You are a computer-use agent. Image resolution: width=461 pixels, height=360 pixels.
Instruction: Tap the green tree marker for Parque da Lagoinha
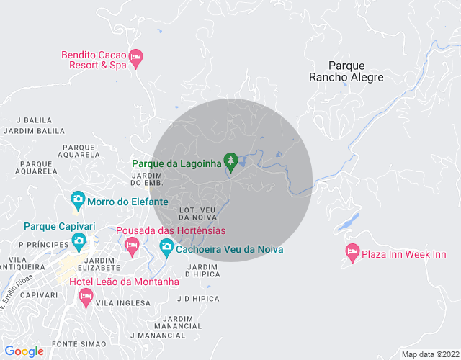click(x=230, y=161)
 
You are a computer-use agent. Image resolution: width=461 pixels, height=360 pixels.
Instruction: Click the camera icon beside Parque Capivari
click(x=78, y=240)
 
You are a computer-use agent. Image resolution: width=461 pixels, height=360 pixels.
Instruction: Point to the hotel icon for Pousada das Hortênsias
click(x=132, y=246)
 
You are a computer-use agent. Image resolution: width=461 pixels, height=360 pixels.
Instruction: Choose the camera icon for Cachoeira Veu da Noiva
click(x=166, y=248)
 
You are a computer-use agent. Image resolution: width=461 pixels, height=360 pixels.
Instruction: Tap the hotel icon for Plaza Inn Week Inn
click(x=352, y=253)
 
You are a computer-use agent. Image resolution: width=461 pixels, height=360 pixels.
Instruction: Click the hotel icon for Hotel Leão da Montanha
click(x=85, y=296)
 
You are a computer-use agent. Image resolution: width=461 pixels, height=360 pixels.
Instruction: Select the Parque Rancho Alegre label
click(x=346, y=71)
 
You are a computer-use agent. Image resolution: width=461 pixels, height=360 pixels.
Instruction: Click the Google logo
click(x=24, y=351)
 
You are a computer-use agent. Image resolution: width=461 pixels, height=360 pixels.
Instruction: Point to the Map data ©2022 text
click(x=429, y=354)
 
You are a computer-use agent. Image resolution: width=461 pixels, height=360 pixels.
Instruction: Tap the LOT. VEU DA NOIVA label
click(x=197, y=214)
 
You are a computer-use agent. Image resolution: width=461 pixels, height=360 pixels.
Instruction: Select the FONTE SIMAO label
click(x=79, y=344)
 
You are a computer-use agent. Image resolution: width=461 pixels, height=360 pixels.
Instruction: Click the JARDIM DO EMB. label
click(x=146, y=180)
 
